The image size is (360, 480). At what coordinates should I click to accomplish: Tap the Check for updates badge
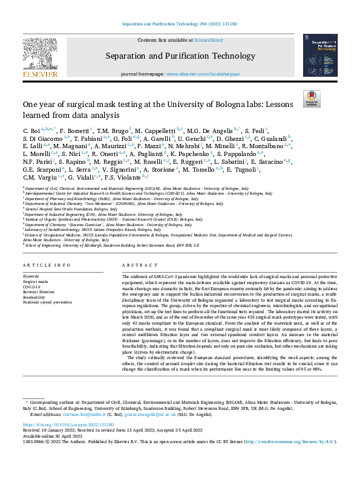pyautogui.click(x=312, y=99)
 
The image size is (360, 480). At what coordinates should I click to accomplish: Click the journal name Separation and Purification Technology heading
pyautogui.click(x=179, y=56)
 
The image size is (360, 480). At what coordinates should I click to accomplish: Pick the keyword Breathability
pyautogui.click(x=34, y=296)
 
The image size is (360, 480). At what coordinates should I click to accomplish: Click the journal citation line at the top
pyautogui.click(x=180, y=25)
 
